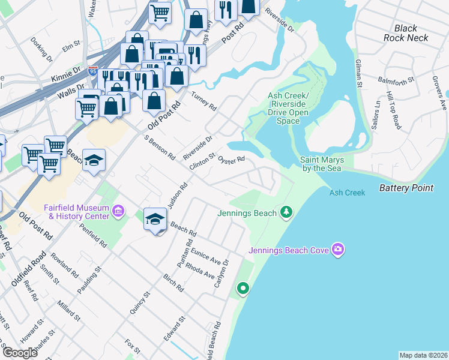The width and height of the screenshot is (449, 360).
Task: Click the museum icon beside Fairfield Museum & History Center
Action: point(118,212)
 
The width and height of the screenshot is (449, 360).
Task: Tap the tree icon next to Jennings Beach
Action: point(287,212)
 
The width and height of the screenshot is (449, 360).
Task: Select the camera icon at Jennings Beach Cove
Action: point(338,248)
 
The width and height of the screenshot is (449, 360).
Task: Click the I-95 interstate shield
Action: point(92,71)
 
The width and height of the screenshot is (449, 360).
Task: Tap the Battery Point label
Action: point(406,188)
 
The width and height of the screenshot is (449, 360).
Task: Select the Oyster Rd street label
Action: point(231,160)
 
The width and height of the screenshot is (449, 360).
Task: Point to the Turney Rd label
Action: point(203,101)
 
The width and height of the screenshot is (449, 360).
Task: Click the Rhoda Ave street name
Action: point(200,271)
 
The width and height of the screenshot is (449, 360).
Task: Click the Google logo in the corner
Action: point(20,353)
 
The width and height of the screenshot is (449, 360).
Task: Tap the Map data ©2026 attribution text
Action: point(423,355)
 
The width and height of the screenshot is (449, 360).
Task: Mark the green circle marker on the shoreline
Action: point(243,289)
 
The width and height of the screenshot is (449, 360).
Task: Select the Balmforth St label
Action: point(397,79)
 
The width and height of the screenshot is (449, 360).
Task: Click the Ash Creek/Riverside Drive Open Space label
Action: point(288,109)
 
